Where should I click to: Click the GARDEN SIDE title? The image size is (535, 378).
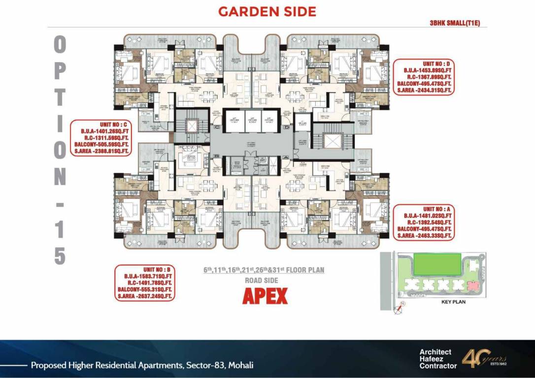[267, 12]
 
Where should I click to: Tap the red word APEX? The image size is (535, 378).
[265, 296]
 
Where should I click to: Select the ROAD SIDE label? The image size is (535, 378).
[262, 280]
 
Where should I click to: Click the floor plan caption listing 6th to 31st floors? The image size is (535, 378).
[264, 270]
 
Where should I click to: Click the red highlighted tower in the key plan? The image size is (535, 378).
[475, 285]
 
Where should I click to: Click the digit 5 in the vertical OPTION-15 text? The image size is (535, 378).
[60, 256]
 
